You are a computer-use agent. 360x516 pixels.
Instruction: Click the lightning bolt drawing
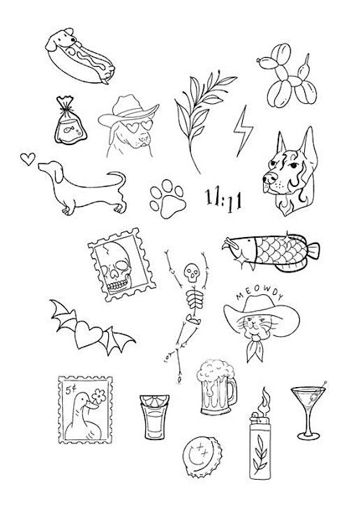coord(243,132)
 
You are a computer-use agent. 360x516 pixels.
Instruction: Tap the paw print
coord(168,199)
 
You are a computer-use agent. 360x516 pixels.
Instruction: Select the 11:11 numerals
coord(224,199)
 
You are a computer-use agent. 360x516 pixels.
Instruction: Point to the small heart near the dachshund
coord(28,159)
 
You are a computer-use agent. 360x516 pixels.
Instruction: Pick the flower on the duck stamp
coord(99,396)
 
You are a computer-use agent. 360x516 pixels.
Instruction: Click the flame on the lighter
coord(264,400)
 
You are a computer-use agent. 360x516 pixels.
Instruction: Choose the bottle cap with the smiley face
coord(202,456)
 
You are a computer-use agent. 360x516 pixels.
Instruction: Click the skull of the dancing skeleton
coord(192,273)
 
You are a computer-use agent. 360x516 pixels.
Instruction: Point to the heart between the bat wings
coord(89,334)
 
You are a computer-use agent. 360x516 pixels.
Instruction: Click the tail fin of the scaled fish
coord(313,251)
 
